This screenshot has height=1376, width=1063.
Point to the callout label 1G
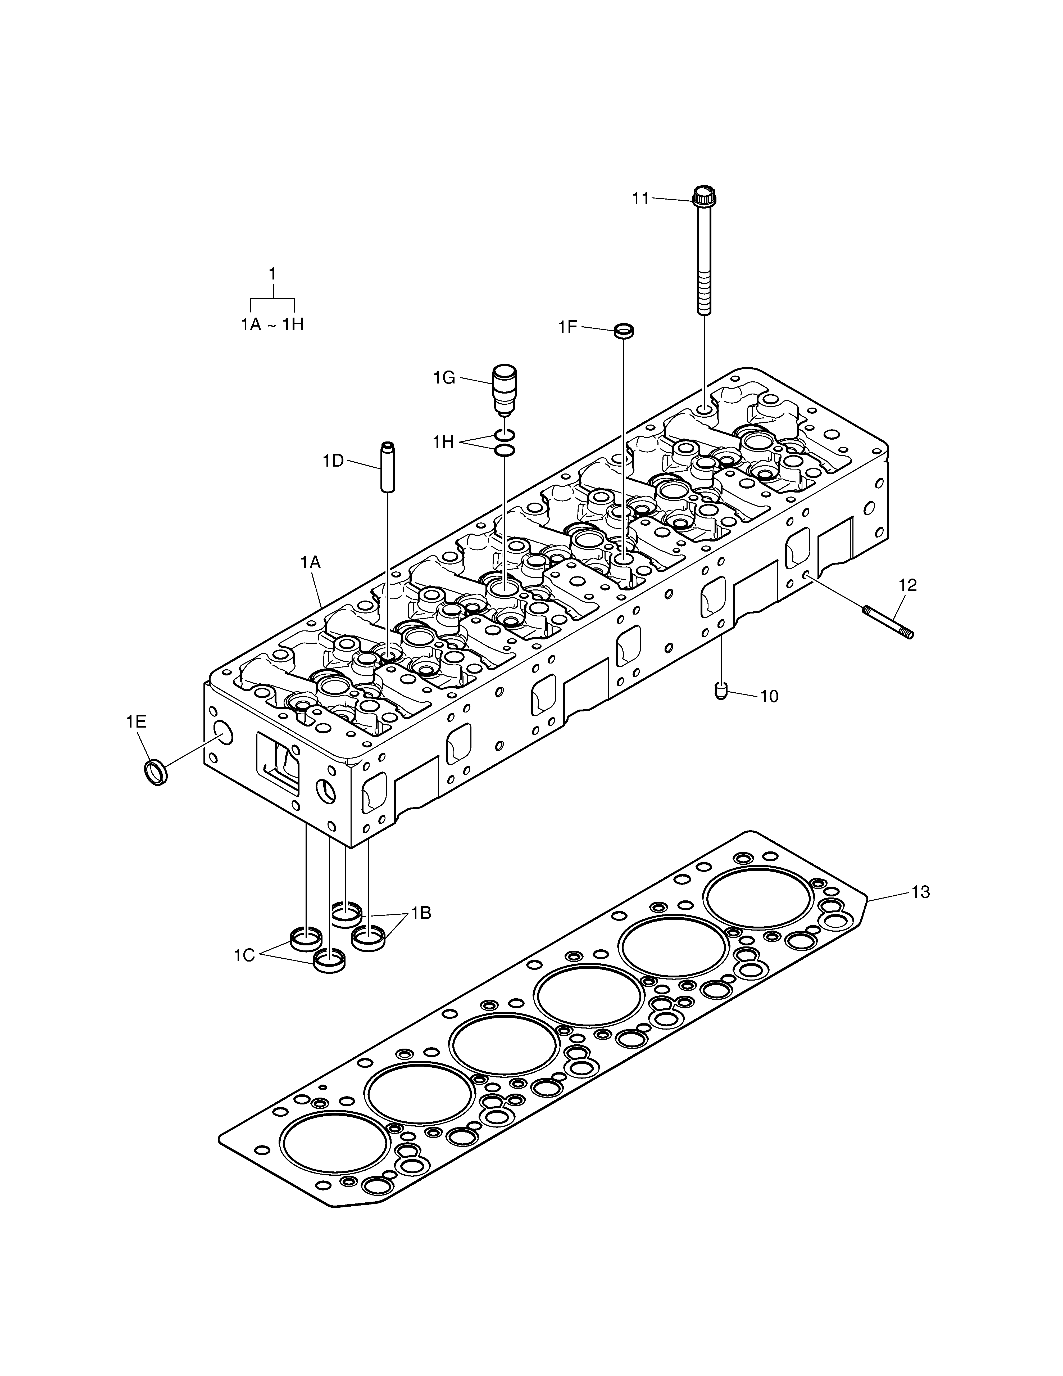(x=444, y=378)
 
